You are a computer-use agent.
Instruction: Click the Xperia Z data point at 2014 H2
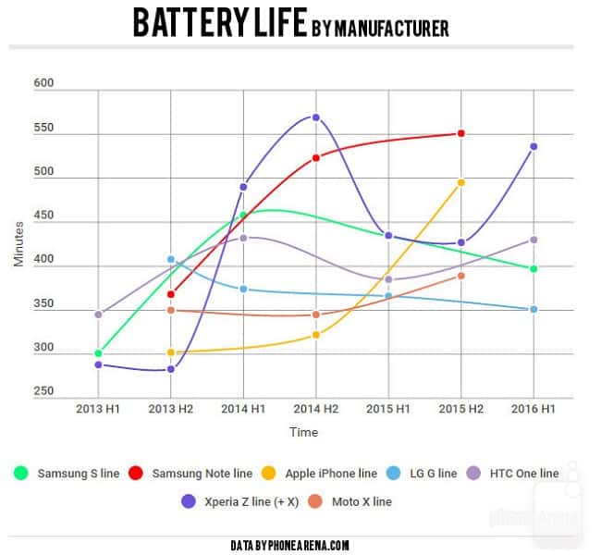(x=315, y=117)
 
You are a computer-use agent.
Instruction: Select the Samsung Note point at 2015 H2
(x=460, y=133)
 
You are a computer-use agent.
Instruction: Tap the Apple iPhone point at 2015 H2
(x=460, y=182)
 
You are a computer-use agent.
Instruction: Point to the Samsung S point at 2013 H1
(x=98, y=353)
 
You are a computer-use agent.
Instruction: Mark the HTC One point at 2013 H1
(x=98, y=314)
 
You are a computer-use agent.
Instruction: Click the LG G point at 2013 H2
(x=171, y=260)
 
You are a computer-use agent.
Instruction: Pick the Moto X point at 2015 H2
(x=460, y=276)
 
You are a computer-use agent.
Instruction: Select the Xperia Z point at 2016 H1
(x=534, y=146)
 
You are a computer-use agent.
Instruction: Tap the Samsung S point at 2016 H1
(x=534, y=269)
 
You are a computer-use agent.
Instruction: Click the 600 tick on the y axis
(x=44, y=83)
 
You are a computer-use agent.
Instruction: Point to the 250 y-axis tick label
(x=44, y=391)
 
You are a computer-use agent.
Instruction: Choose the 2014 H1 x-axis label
(x=243, y=409)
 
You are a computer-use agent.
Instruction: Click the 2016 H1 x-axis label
(x=534, y=409)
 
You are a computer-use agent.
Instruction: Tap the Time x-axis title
(x=303, y=432)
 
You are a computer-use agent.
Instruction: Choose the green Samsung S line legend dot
(x=20, y=474)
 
